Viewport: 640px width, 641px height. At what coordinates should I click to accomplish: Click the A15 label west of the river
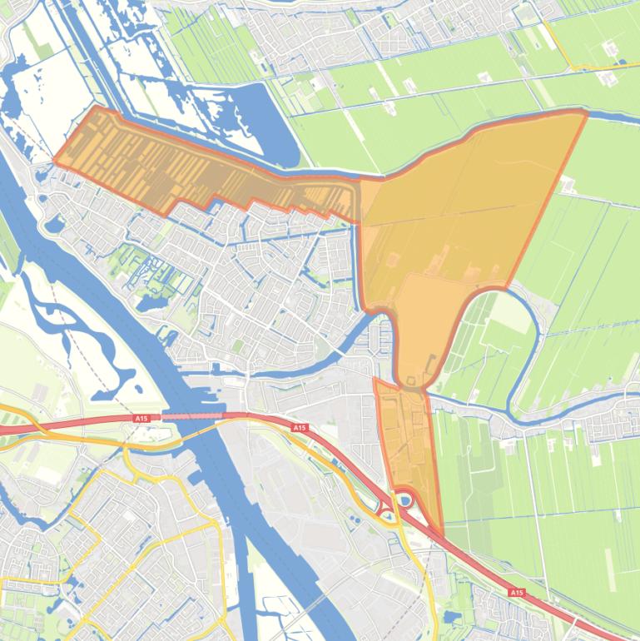click(x=139, y=419)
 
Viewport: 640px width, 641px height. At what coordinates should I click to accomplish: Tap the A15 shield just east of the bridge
click(x=299, y=427)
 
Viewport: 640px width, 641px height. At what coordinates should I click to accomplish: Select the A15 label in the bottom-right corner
click(x=516, y=593)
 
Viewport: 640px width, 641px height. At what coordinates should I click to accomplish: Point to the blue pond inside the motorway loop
click(x=405, y=500)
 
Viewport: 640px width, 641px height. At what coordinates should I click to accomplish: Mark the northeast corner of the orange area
click(x=586, y=113)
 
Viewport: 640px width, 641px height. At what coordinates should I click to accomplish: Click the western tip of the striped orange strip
click(x=55, y=160)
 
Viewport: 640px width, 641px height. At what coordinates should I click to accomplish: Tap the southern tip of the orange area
click(x=442, y=535)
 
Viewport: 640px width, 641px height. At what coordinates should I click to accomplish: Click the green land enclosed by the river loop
click(x=491, y=341)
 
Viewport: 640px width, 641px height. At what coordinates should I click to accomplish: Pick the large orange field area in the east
click(x=466, y=208)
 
